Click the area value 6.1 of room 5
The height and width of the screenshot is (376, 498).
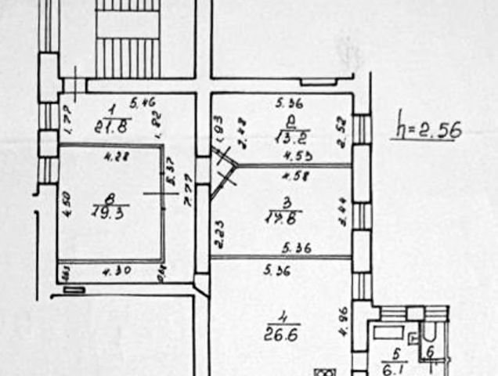click(399, 366)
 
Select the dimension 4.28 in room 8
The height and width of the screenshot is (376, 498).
click(115, 155)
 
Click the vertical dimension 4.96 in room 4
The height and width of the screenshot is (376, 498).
click(341, 322)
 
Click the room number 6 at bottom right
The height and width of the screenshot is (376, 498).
click(429, 352)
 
